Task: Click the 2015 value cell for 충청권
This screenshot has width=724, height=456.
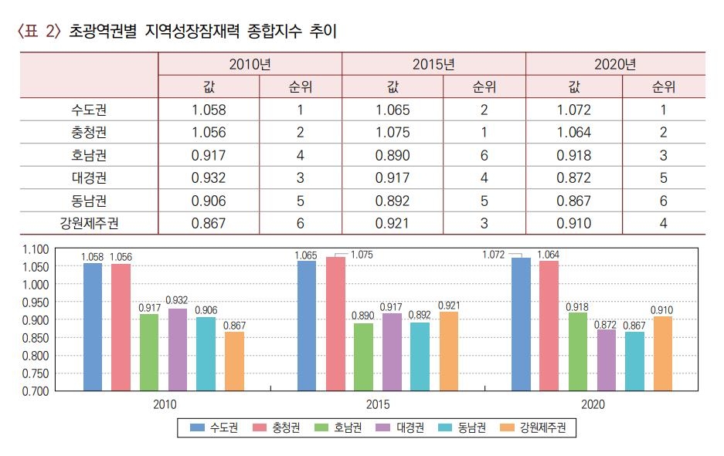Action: (393, 132)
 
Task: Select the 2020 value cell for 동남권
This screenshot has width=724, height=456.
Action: (574, 201)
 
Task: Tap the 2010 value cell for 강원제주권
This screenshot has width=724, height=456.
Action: (209, 224)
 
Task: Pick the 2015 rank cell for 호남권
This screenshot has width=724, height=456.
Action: (484, 155)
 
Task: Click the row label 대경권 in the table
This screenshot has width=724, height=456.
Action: (89, 177)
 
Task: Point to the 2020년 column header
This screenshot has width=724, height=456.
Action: (615, 64)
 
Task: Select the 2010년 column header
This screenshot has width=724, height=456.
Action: (250, 64)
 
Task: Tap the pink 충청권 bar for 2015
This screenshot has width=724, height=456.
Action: (335, 323)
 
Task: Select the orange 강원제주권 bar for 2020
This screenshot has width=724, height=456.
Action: (662, 353)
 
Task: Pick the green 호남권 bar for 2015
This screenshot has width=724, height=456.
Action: (364, 356)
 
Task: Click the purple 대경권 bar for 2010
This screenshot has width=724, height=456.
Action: (178, 349)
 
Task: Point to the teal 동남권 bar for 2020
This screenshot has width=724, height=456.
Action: (634, 360)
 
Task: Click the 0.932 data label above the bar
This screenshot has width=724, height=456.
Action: (178, 300)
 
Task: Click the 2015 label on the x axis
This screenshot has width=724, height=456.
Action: (378, 404)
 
